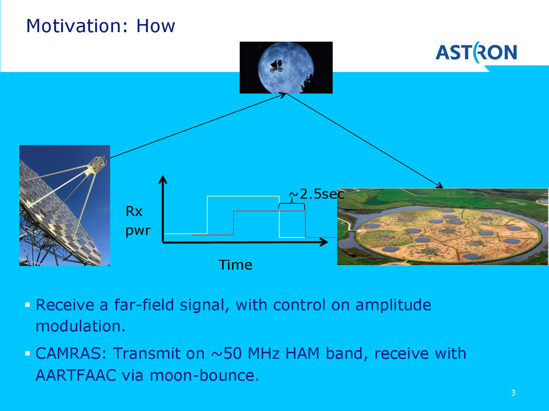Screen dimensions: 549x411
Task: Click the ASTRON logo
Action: tap(476, 52)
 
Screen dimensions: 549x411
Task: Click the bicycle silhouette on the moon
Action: tap(277, 65)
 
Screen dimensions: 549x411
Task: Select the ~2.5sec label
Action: tap(316, 194)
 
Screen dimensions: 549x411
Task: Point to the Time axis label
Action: tap(235, 265)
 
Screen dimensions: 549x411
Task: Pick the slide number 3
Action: tap(513, 394)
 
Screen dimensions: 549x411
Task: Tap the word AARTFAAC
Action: tap(76, 376)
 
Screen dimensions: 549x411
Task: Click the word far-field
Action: tap(144, 305)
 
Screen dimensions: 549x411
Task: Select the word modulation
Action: tap(77, 326)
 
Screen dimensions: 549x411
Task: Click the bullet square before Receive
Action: tap(27, 305)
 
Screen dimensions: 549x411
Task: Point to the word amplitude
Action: tap(394, 305)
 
